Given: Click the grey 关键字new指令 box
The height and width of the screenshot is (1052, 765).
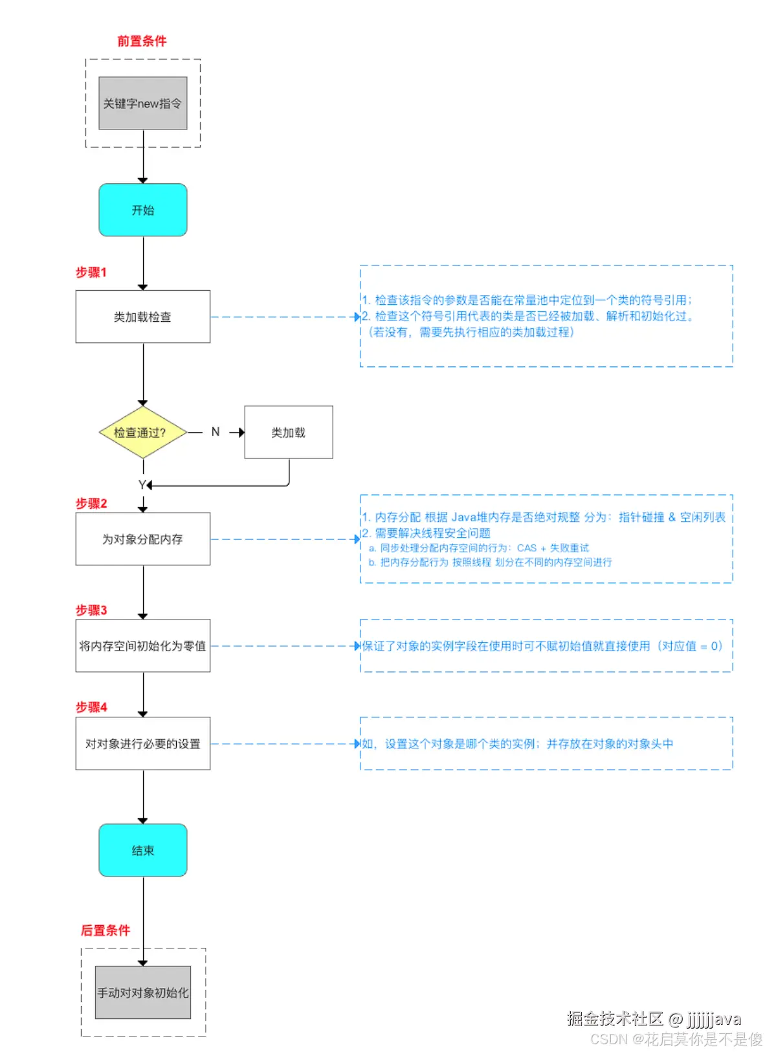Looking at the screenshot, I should tap(143, 104).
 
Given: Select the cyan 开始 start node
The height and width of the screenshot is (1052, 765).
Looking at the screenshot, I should tap(143, 210).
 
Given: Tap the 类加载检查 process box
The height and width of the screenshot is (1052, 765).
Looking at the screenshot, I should tap(143, 317).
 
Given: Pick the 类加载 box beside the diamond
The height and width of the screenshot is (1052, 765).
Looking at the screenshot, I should tap(288, 432).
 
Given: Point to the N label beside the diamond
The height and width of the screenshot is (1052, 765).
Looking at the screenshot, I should tap(216, 432).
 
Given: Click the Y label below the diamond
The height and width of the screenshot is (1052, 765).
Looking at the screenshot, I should tap(142, 485).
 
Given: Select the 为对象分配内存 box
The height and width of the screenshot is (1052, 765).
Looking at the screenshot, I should tap(143, 539).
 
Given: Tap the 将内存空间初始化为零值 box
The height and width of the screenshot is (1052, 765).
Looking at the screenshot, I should tap(143, 646).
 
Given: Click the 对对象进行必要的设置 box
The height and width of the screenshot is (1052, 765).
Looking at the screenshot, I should tap(143, 744).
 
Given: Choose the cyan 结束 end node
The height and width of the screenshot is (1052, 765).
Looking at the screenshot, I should tap(143, 851).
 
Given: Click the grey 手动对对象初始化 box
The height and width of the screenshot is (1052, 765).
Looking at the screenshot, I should tap(143, 992).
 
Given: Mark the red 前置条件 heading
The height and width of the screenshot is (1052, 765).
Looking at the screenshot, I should tap(142, 41).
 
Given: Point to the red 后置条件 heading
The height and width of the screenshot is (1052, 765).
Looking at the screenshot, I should tap(105, 930).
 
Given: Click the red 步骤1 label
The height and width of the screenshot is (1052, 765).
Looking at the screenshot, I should tap(91, 273).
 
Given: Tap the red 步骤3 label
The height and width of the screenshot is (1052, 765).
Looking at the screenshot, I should tap(91, 610).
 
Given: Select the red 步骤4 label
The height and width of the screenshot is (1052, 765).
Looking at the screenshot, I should tap(91, 708).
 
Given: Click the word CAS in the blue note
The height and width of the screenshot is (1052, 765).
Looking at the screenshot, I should tap(527, 548).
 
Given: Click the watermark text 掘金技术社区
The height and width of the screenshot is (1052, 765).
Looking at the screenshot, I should tap(615, 1019).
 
